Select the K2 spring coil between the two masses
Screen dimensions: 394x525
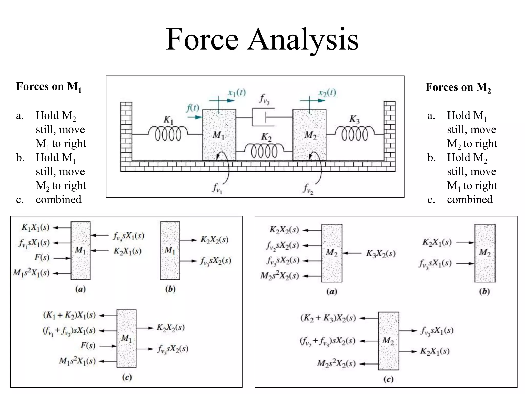[264, 151]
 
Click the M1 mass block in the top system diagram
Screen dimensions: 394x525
[219, 135]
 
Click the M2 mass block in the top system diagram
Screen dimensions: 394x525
[309, 135]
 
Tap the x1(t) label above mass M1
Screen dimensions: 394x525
[237, 93]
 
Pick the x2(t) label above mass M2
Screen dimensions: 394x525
[327, 93]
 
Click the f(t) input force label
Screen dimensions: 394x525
[193, 108]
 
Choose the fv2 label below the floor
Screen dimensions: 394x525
[308, 189]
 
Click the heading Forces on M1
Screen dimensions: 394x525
[49, 87]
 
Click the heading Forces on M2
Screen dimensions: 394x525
[458, 87]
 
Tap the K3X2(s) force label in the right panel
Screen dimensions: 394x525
[381, 253]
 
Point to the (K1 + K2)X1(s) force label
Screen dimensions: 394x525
[69, 315]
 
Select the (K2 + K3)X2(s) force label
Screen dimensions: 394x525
[328, 318]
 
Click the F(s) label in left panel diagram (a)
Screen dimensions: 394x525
[42, 258]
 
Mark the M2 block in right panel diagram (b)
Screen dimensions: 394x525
[485, 253]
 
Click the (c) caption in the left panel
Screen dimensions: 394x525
[127, 377]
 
